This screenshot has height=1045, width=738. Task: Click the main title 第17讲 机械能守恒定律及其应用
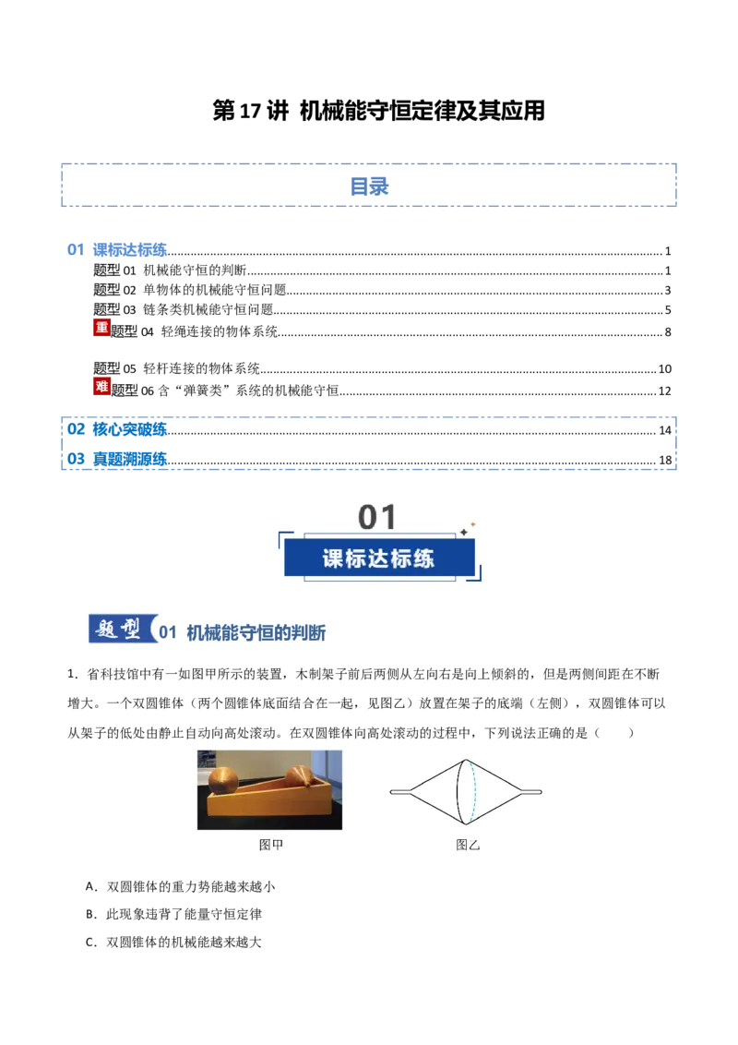(x=378, y=111)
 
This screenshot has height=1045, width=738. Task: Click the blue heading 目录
(x=369, y=186)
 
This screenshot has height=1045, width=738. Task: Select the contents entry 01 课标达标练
(x=117, y=250)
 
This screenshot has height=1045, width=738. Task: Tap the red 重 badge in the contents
(x=101, y=327)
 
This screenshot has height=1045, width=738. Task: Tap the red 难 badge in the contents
(x=101, y=386)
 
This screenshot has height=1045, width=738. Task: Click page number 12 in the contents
(x=664, y=391)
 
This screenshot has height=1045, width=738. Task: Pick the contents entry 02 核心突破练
(x=117, y=429)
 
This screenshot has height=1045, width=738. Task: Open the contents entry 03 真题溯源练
(x=117, y=459)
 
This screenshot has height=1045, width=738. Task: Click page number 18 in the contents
(x=665, y=460)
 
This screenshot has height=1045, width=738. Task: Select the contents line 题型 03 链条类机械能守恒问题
(x=184, y=309)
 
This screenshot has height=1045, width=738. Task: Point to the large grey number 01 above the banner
(x=377, y=517)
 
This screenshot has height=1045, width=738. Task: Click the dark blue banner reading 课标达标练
(x=379, y=558)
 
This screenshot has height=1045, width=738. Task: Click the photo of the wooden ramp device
(x=269, y=789)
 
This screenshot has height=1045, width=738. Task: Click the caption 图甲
(x=270, y=845)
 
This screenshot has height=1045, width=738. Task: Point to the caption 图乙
(x=468, y=845)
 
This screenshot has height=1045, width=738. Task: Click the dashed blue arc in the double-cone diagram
(x=474, y=792)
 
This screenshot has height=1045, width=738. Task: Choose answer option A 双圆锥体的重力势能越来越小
(x=180, y=886)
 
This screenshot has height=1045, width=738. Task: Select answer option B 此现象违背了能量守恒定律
(x=173, y=914)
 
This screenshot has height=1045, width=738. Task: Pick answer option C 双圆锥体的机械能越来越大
(x=173, y=943)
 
